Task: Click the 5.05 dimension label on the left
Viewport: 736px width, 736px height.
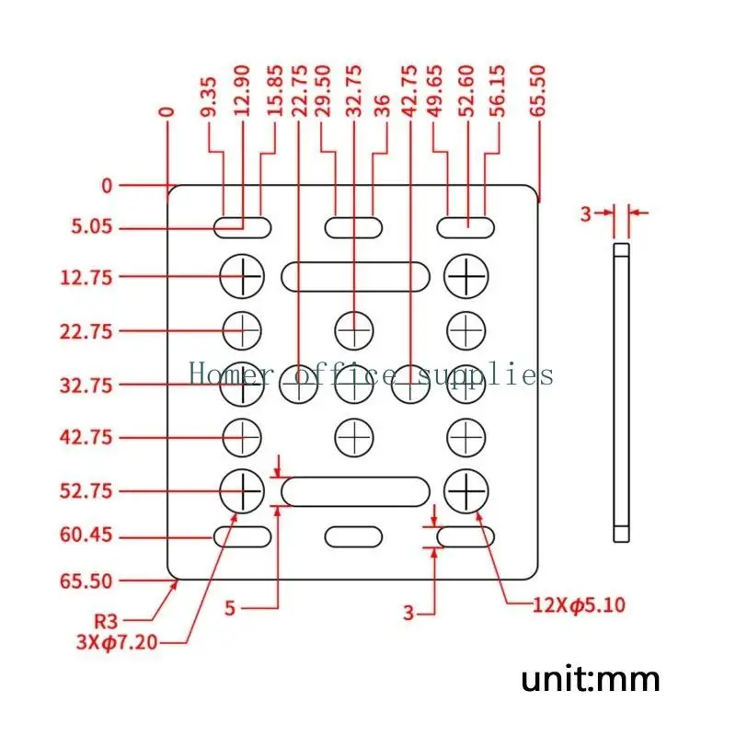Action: point(92,226)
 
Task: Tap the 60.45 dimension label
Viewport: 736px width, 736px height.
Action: point(86,535)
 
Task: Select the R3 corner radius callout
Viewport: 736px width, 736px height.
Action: point(106,621)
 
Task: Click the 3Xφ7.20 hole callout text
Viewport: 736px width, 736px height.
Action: point(117,641)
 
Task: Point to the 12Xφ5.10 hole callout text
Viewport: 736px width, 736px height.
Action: point(580,605)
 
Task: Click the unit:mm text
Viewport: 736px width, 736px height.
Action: point(591,680)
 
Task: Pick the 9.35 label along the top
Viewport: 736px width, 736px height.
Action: point(209,97)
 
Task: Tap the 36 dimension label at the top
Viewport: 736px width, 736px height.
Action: point(383,106)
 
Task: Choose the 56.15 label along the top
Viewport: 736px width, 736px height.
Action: point(498,91)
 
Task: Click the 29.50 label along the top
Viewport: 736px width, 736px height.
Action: point(323,91)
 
